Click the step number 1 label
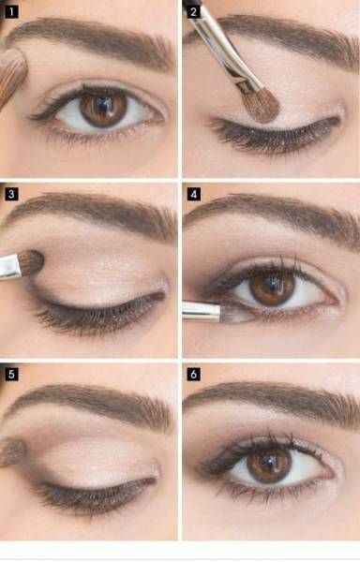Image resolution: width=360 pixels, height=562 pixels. pos(11,12)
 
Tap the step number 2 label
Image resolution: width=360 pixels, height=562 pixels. pos(193,12)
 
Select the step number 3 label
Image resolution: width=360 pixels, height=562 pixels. pos(11,194)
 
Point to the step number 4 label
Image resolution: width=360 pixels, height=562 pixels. pos(194,194)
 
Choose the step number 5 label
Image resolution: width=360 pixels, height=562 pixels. pos(11,374)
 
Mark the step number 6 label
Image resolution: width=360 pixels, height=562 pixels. pos(194,374)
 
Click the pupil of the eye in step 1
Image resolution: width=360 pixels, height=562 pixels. pos(103,106)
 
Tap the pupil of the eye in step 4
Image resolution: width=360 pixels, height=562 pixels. pos(273,286)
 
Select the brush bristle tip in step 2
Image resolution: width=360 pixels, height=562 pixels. pos(263,105)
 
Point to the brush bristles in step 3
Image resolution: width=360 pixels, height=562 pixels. pos(32,263)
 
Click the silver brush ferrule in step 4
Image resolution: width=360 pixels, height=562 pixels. pos(202,311)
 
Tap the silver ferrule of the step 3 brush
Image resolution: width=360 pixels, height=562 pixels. pos(9,266)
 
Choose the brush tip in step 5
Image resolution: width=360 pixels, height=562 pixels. pos(12,452)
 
